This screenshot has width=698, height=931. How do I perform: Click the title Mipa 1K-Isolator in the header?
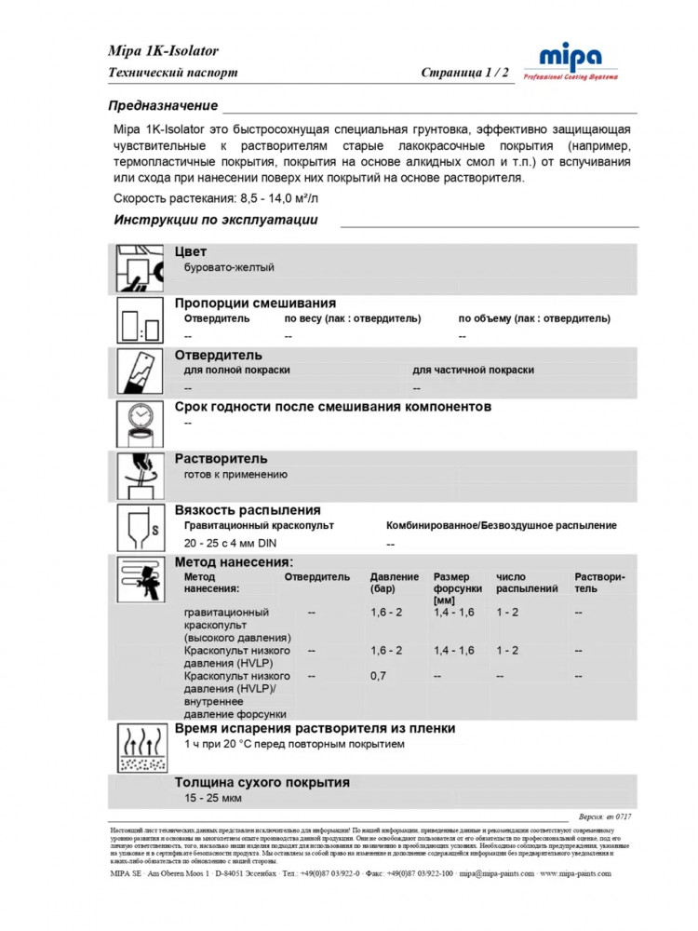(163, 51)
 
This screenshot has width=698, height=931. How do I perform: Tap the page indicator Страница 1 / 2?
(464, 73)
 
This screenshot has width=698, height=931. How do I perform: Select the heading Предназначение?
(163, 105)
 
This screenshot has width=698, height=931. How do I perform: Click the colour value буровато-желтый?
(229, 267)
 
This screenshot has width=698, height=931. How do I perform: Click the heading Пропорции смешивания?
(255, 304)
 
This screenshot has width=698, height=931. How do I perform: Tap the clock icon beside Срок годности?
(140, 421)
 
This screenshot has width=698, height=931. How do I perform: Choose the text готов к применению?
(235, 474)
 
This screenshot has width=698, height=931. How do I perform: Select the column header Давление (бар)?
(395, 583)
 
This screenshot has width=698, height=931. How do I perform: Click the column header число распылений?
(527, 583)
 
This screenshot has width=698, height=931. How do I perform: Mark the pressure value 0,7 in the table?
(378, 676)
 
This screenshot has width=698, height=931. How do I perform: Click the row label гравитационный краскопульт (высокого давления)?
(237, 625)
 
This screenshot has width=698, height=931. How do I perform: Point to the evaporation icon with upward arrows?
(140, 749)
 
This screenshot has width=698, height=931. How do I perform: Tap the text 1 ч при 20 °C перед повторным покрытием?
(294, 745)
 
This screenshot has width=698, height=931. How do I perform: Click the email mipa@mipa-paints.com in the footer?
(496, 874)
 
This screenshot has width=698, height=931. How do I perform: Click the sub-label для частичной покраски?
(473, 370)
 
